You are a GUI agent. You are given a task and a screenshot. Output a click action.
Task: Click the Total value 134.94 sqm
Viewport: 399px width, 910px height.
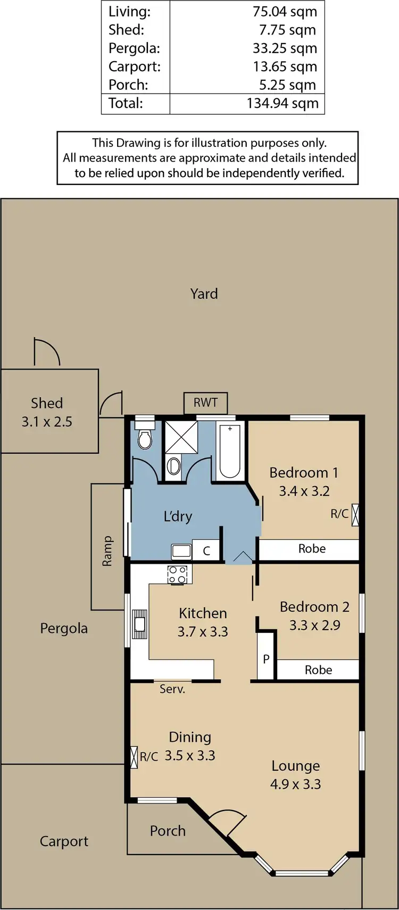pos(282,103)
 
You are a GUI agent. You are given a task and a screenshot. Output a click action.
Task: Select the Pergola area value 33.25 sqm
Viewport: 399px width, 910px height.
pos(285,48)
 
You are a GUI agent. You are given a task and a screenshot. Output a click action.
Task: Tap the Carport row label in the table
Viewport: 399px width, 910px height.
pos(134,66)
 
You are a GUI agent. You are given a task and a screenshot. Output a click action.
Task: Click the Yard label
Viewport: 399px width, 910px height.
pos(204,294)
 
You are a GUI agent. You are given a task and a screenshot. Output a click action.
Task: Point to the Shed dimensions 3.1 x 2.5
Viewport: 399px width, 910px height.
pos(47,422)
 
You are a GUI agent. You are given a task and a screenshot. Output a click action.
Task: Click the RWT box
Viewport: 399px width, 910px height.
pos(205,403)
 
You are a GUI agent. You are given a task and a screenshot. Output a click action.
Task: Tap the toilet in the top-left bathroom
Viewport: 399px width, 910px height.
pos(144,439)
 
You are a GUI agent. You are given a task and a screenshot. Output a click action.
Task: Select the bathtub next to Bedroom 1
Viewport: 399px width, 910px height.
pos(230,450)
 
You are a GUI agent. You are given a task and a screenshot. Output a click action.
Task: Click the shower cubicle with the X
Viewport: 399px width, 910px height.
pos(181,437)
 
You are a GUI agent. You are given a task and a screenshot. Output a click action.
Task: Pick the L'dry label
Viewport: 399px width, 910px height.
pos(178,516)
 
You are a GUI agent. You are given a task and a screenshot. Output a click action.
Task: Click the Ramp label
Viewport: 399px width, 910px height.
pos(107,550)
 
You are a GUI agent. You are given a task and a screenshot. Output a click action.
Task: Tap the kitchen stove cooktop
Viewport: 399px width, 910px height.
pos(178,574)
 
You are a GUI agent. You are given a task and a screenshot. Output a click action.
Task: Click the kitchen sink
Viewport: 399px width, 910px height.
pos(139,623)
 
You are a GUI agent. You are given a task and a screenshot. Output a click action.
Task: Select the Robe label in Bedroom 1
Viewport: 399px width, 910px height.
pos(312,549)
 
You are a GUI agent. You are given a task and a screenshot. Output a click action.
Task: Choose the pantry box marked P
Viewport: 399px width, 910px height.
pos(266,659)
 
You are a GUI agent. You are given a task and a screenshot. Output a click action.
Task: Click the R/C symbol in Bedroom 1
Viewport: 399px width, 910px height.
pos(355,514)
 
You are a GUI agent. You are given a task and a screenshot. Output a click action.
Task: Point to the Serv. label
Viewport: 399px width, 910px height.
pos(172,689)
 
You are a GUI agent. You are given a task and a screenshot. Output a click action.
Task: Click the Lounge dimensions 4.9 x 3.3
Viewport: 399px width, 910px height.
pos(295,784)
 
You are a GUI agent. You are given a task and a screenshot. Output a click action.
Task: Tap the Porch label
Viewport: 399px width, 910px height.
pos(168,831)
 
